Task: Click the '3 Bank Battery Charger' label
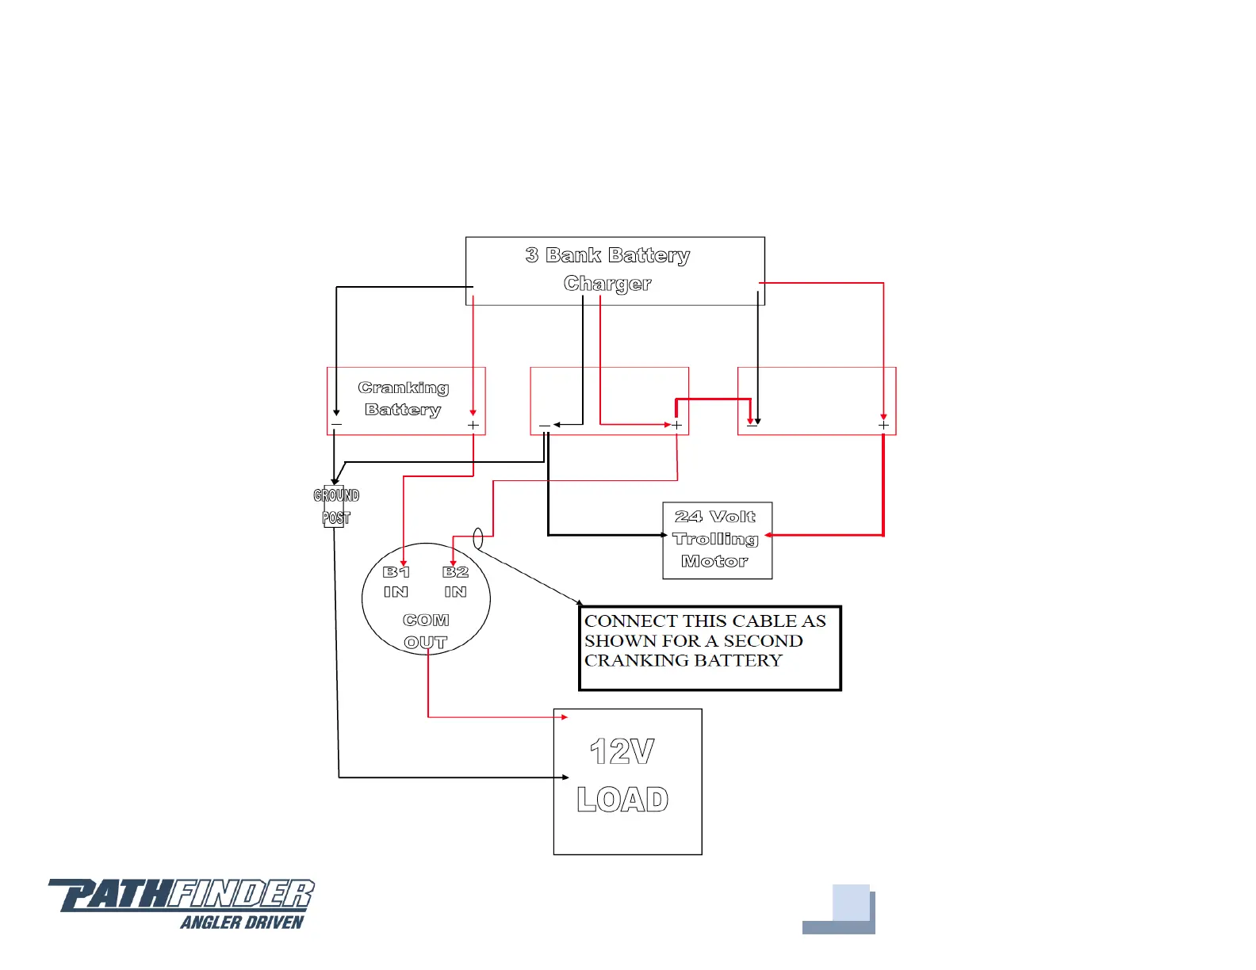pyautogui.click(x=607, y=269)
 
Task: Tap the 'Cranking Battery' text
pyautogui.click(x=404, y=399)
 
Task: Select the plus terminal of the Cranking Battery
pyautogui.click(x=473, y=426)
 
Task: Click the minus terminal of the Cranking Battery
pyautogui.click(x=336, y=426)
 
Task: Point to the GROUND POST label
pyautogui.click(x=336, y=506)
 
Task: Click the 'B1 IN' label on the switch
pyautogui.click(x=396, y=582)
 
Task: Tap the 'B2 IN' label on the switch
pyautogui.click(x=455, y=582)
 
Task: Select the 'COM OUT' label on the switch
pyautogui.click(x=426, y=631)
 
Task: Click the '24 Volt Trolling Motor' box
pyautogui.click(x=717, y=540)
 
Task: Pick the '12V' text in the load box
pyautogui.click(x=622, y=752)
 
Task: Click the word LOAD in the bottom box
pyautogui.click(x=622, y=800)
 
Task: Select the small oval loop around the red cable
pyautogui.click(x=477, y=539)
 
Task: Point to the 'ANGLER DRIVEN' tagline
pyautogui.click(x=242, y=922)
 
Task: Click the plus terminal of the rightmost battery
pyautogui.click(x=883, y=426)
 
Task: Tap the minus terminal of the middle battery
pyautogui.click(x=545, y=426)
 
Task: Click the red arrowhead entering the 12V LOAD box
pyautogui.click(x=564, y=717)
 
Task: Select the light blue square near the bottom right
pyautogui.click(x=851, y=903)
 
